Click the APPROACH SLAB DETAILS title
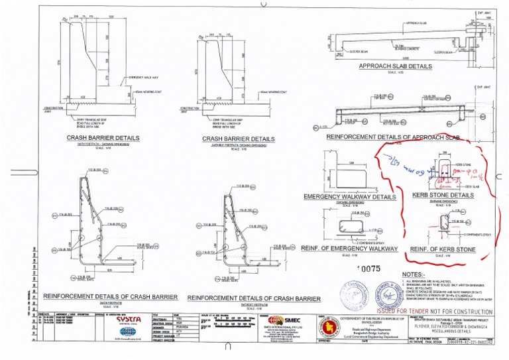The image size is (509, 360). (x=396, y=66)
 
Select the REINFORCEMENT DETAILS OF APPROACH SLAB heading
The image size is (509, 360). (x=394, y=137)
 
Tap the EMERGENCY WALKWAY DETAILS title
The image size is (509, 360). (x=349, y=197)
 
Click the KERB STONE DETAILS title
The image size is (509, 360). (x=443, y=196)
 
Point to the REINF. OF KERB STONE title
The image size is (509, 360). (x=443, y=249)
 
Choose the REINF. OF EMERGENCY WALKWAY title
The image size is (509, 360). (x=349, y=248)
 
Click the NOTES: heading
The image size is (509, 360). (x=413, y=274)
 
